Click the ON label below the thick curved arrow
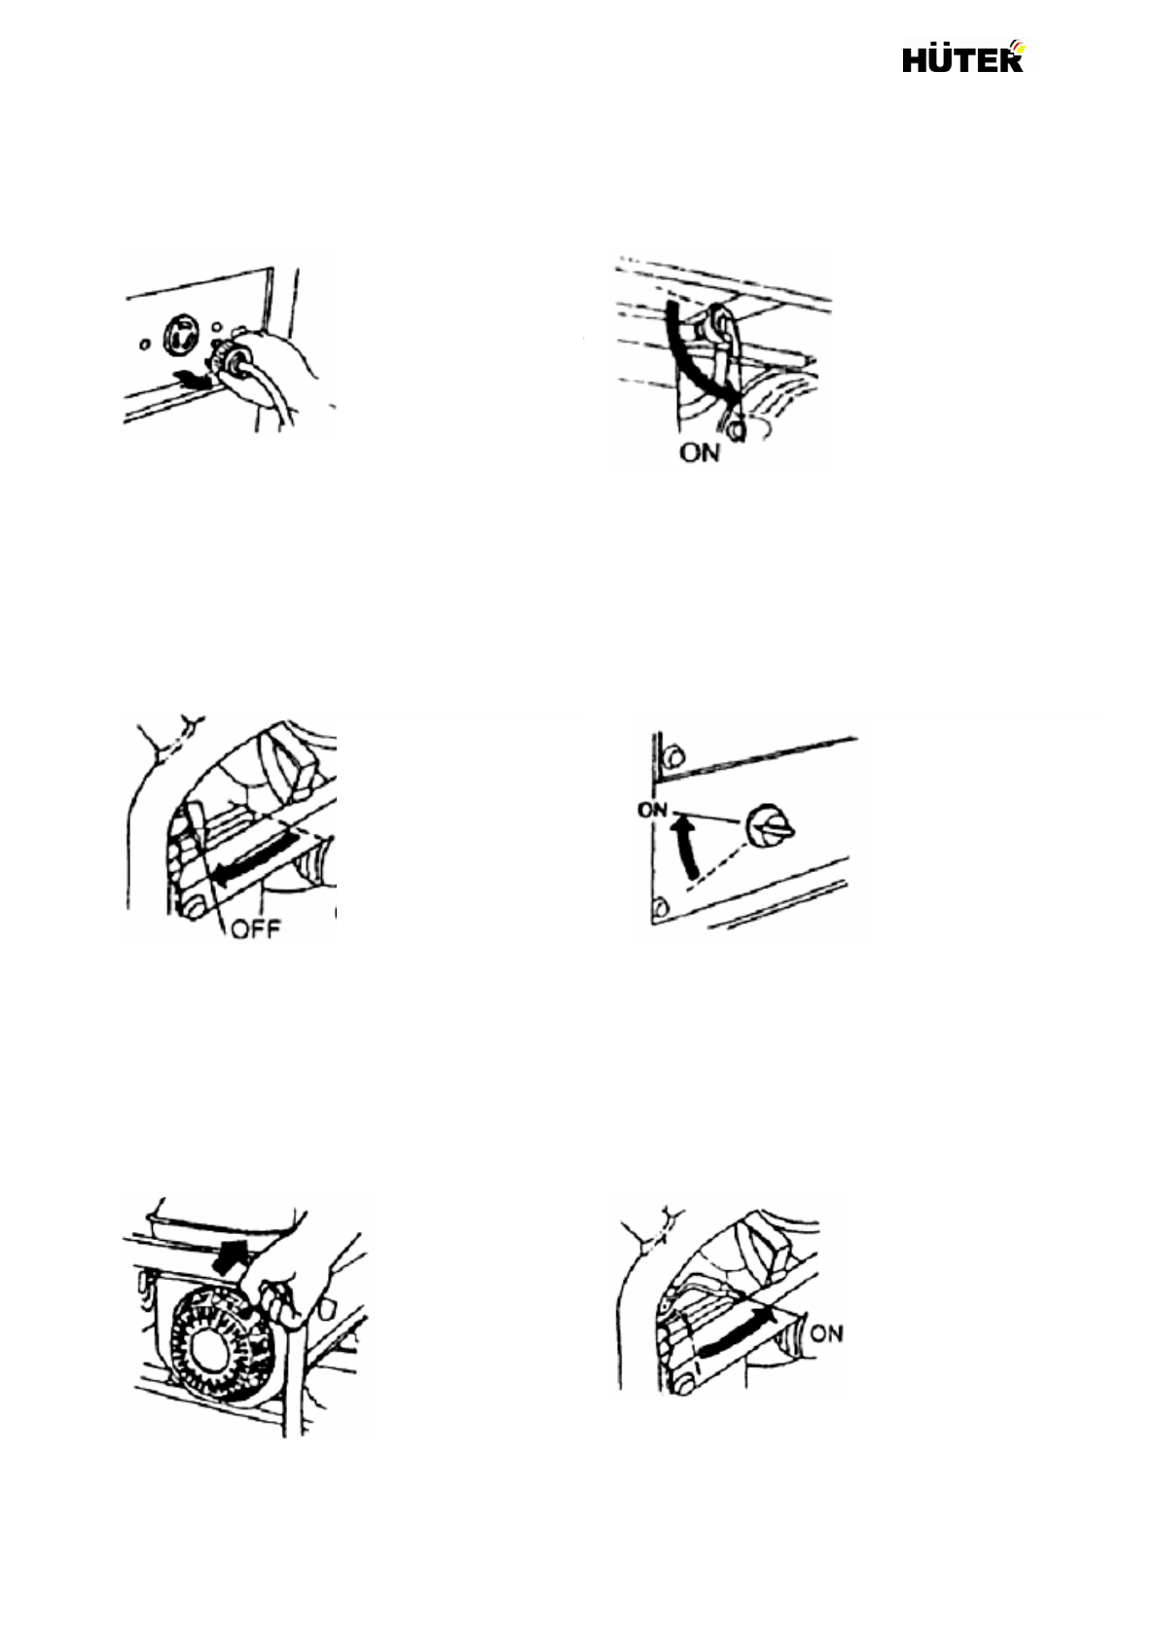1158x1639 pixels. coord(701,452)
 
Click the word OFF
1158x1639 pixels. coord(255,930)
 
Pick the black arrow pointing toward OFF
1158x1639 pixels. coord(255,855)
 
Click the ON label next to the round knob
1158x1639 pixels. coord(651,810)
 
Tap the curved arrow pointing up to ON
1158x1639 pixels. coord(686,845)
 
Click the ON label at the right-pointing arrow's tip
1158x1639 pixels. coord(826,1332)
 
